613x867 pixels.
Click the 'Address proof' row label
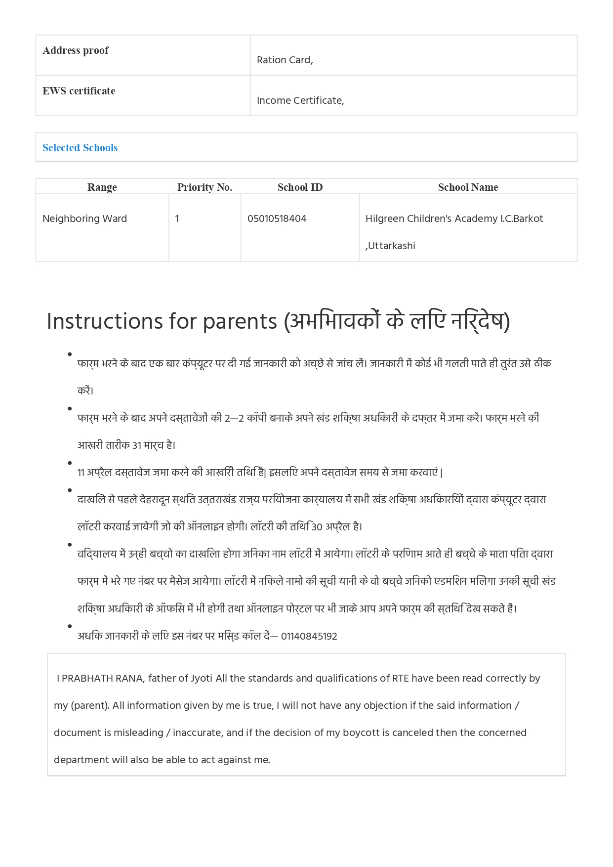click(x=76, y=50)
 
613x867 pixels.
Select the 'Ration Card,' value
click(x=285, y=60)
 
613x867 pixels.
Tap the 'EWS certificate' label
click(x=79, y=91)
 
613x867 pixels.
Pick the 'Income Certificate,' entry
click(x=300, y=100)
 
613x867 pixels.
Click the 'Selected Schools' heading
click(x=80, y=148)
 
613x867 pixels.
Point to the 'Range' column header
click(x=102, y=187)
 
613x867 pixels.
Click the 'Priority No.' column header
click(x=204, y=187)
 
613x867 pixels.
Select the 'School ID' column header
click(x=300, y=187)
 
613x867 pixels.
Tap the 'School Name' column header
click(x=468, y=187)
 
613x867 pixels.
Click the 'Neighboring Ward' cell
click(x=84, y=218)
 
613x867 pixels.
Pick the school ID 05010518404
click(x=277, y=218)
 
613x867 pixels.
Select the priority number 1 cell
click(x=177, y=218)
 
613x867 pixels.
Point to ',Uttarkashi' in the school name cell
click(x=390, y=246)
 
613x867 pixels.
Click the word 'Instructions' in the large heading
click(x=104, y=321)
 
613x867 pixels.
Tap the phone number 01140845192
click(x=309, y=637)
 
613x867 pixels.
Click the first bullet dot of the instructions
click(x=70, y=354)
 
